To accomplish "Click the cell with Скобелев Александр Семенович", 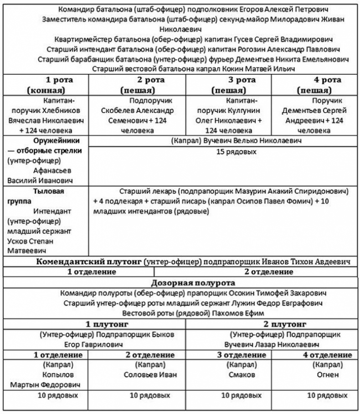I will [x=137, y=115].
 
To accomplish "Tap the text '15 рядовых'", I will [x=237, y=151].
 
